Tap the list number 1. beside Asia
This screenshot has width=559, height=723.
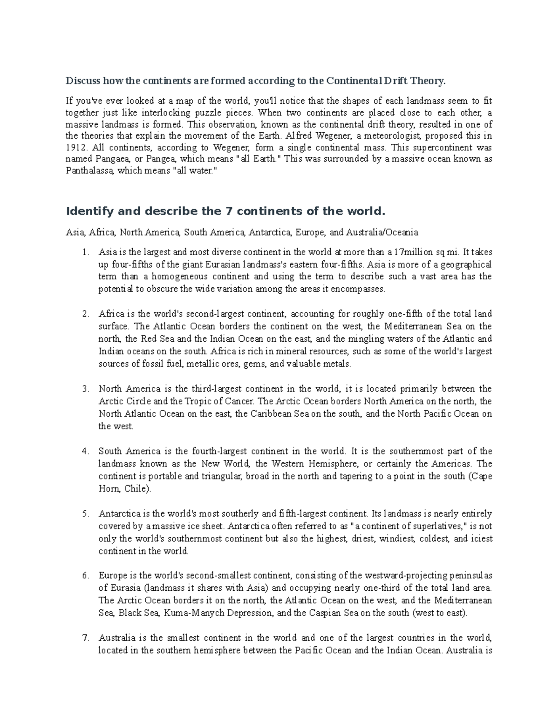pos(85,252)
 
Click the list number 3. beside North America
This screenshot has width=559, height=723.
pos(85,389)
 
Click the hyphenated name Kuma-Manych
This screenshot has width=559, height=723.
pos(188,613)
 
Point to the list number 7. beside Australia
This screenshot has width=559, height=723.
pos(85,638)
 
